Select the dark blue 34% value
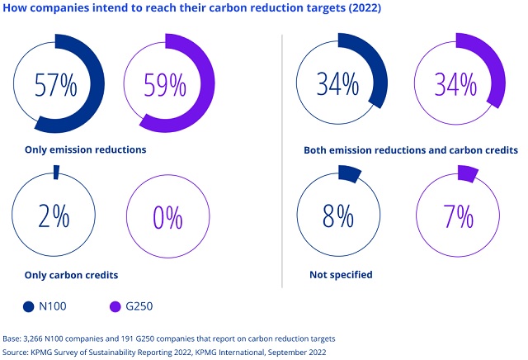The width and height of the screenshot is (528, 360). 339,83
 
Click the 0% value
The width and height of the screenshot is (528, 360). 167,217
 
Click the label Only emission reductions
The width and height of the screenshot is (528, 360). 87,150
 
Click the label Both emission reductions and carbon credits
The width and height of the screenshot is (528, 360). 411,151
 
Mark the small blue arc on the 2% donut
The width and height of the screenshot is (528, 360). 56,172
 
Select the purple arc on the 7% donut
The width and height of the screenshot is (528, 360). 467,173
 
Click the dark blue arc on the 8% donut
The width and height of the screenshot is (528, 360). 349,173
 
